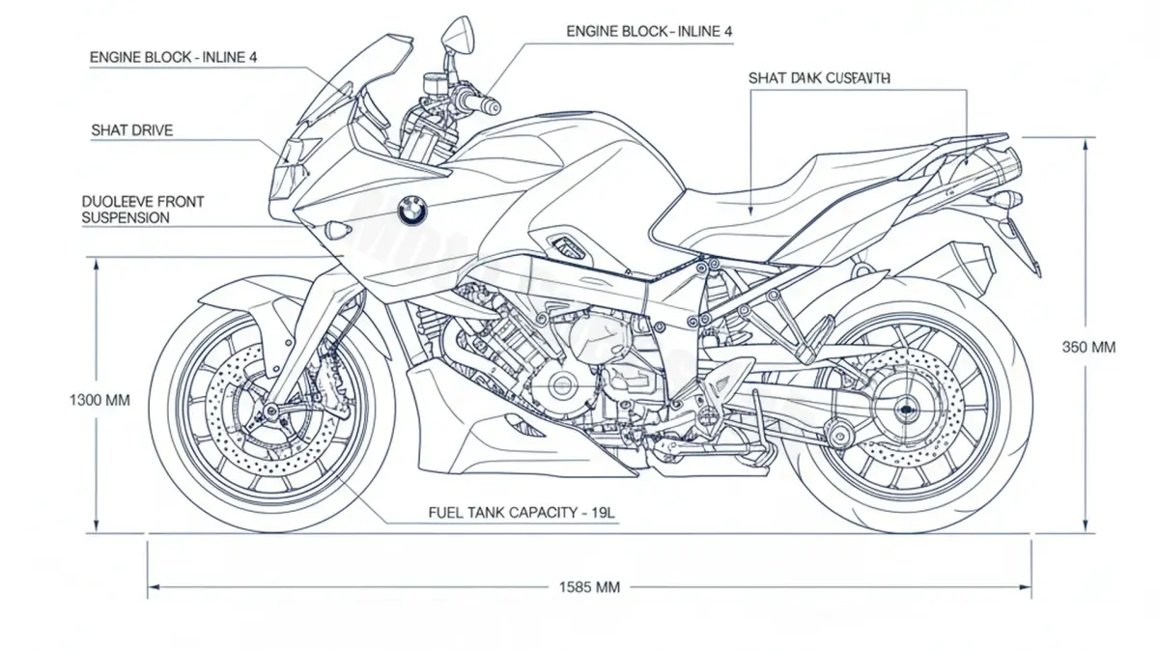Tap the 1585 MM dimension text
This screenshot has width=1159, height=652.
589,586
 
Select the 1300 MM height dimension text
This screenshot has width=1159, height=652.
99,399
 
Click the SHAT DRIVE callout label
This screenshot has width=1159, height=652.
132,129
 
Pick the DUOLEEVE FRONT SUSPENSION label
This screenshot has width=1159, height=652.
143,210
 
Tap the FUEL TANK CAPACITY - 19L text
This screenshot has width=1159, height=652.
522,513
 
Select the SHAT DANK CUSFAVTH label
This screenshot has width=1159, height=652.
819,77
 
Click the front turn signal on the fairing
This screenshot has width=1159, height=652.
337,230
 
